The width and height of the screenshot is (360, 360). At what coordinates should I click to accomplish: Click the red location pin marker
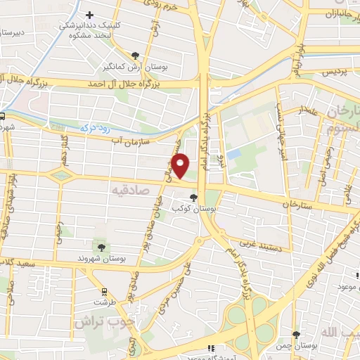click(x=181, y=166)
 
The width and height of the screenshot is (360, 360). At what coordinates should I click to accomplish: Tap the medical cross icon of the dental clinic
click(x=89, y=15)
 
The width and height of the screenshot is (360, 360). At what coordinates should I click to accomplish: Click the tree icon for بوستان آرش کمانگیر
click(x=134, y=55)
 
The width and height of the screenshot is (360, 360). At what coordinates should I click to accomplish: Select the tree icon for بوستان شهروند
click(x=102, y=247)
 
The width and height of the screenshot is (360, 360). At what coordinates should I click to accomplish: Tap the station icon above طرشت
click(x=104, y=291)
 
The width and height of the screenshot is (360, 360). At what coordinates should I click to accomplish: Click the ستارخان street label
click(x=296, y=203)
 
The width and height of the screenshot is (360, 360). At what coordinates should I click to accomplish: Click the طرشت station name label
click(x=103, y=303)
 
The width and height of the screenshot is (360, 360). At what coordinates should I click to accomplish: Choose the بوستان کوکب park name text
click(x=215, y=209)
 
